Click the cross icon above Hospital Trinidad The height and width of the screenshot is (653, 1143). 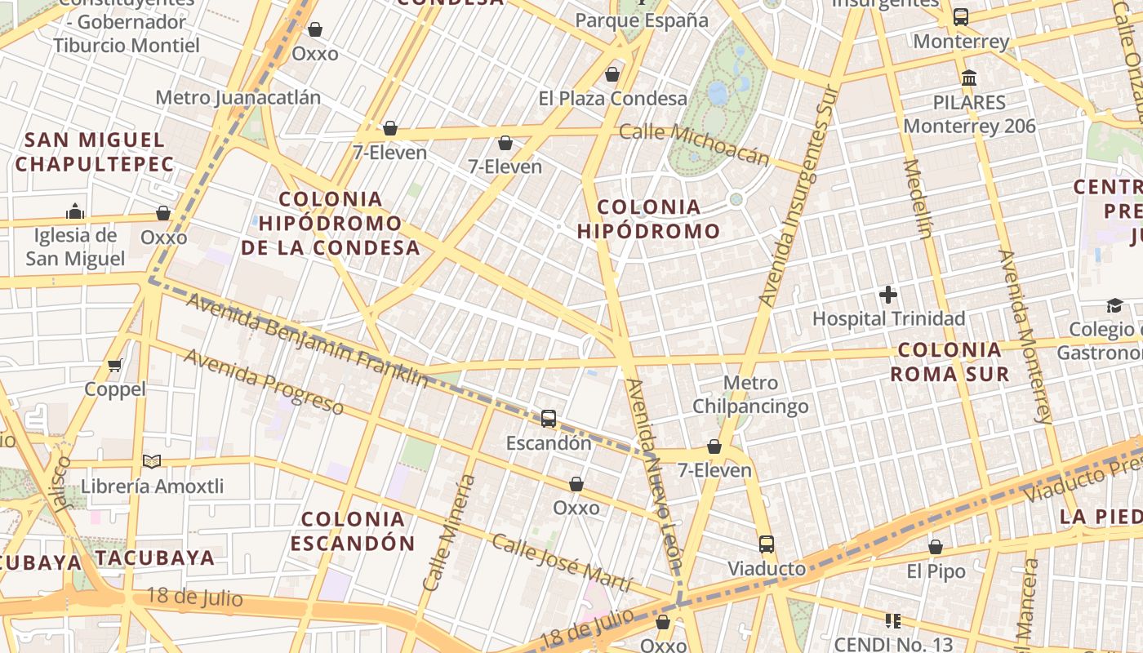pyautogui.click(x=888, y=295)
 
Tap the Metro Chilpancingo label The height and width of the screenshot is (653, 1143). pyautogui.click(x=750, y=394)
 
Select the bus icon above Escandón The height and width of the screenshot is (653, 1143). pyautogui.click(x=549, y=419)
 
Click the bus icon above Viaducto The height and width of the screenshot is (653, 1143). pyautogui.click(x=766, y=544)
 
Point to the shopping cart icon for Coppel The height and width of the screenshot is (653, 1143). pyautogui.click(x=115, y=365)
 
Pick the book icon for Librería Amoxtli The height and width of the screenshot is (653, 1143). pyautogui.click(x=152, y=461)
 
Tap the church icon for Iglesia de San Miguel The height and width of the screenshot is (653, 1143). pyautogui.click(x=75, y=211)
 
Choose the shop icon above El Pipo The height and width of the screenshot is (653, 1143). pyautogui.click(x=936, y=547)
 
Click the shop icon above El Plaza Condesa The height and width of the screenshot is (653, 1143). pyautogui.click(x=612, y=75)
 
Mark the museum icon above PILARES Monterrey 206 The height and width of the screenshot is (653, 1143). pyautogui.click(x=969, y=78)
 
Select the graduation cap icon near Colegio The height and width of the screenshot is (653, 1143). pyautogui.click(x=1114, y=305)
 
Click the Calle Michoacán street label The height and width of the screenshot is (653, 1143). pyautogui.click(x=694, y=143)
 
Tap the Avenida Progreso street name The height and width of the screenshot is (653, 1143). pyautogui.click(x=263, y=381)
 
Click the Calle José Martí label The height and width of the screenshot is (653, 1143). pyautogui.click(x=562, y=562)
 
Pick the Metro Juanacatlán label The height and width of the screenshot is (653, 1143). pyautogui.click(x=238, y=98)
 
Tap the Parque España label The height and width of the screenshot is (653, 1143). pyautogui.click(x=642, y=20)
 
